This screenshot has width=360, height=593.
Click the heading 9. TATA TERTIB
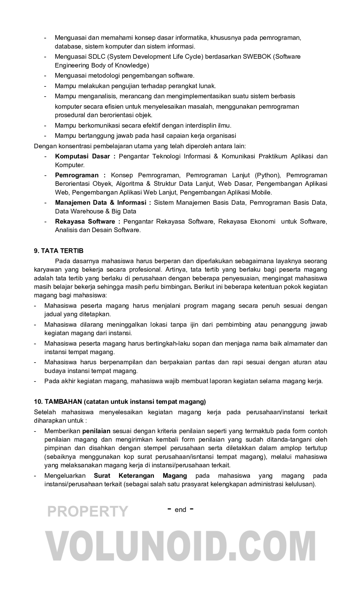click(x=58, y=251)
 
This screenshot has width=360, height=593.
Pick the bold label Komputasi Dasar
click(x=82, y=156)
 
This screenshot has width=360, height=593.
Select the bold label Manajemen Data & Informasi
click(x=101, y=203)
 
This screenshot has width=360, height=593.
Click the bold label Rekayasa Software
click(x=85, y=221)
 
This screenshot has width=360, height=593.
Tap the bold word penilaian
click(x=96, y=431)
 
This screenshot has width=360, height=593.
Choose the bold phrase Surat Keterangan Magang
click(x=140, y=476)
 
